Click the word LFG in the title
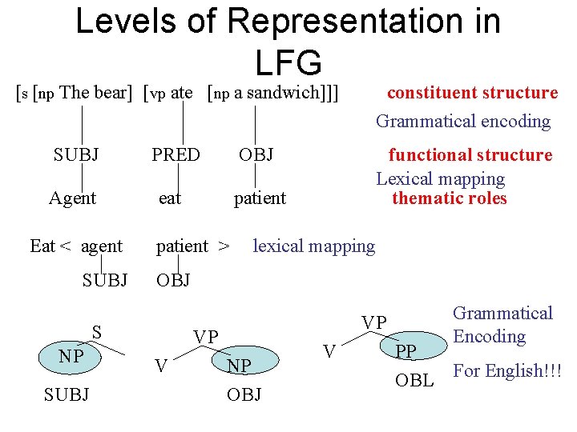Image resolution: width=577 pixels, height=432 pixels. click(x=288, y=62)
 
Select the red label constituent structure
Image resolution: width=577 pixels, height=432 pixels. click(x=472, y=93)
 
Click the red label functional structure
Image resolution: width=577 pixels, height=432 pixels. click(x=470, y=155)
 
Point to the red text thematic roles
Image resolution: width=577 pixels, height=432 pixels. click(x=450, y=198)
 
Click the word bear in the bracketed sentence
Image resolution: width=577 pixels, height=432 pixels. click(x=111, y=93)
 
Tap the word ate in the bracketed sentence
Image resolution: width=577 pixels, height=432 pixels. click(x=182, y=93)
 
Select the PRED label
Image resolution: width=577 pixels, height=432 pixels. click(x=176, y=154)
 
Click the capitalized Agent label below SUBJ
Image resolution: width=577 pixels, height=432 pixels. click(x=72, y=198)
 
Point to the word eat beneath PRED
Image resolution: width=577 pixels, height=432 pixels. click(x=170, y=198)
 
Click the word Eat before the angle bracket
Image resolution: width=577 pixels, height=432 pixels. click(x=42, y=246)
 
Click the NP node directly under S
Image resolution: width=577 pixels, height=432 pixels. click(x=71, y=356)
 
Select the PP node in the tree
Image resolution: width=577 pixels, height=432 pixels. click(x=406, y=351)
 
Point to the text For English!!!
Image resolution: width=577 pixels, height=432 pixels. click(x=507, y=371)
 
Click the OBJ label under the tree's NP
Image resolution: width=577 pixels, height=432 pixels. click(x=244, y=394)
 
